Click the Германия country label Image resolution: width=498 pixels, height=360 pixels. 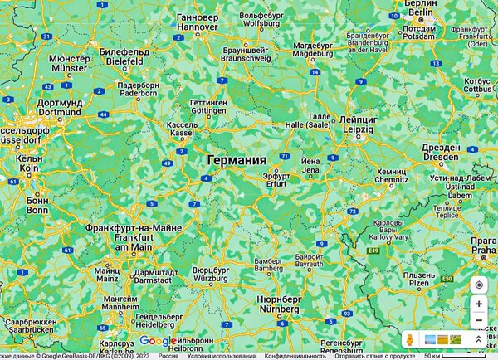point(237,160)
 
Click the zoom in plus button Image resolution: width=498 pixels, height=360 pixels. point(479,304)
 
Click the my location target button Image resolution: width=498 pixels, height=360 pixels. point(479,285)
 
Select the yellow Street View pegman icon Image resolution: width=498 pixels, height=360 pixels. point(409,340)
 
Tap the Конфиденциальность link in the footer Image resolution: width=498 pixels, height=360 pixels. point(290,356)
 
